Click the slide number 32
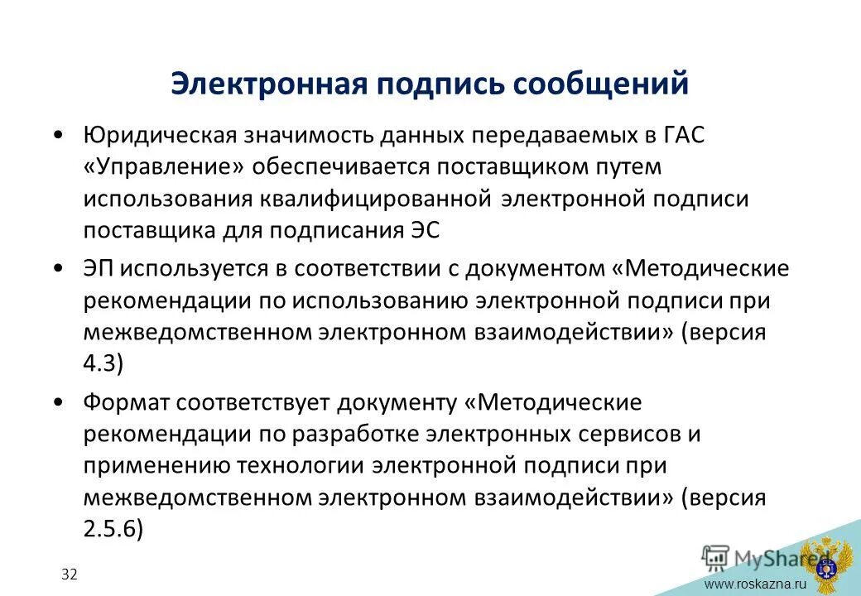(69, 574)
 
